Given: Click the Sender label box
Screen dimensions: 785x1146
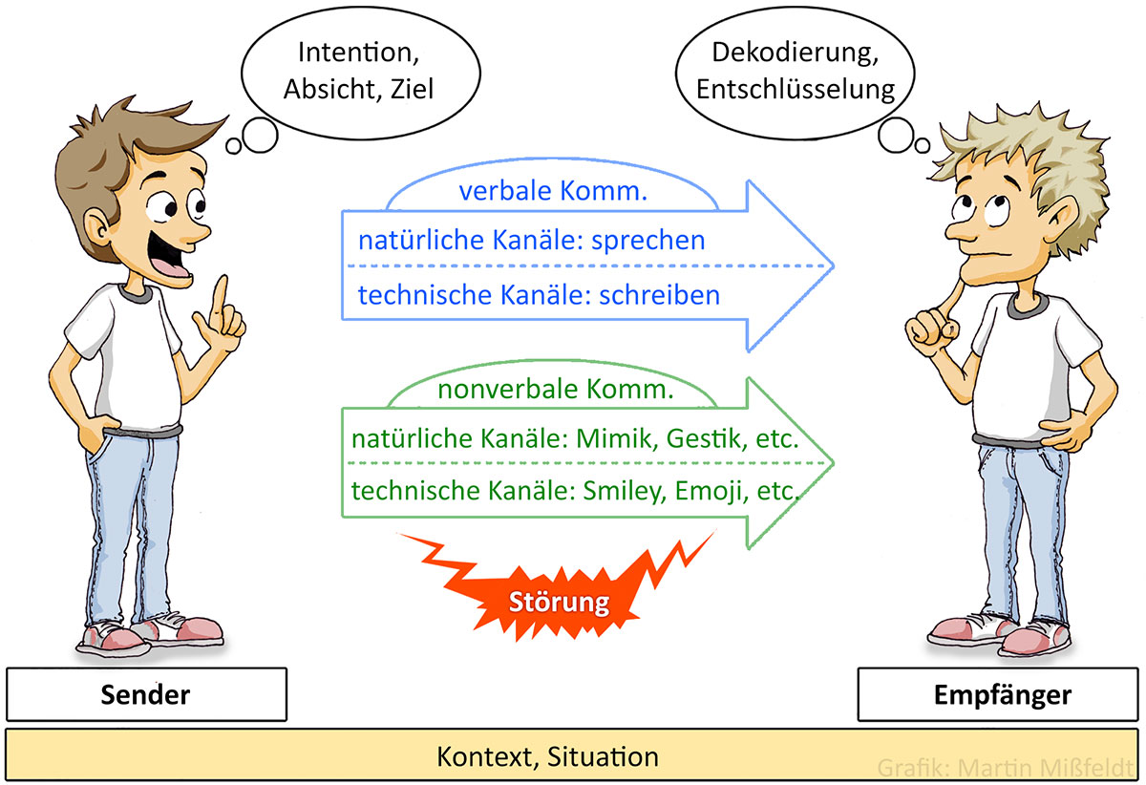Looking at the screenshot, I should click(145, 694).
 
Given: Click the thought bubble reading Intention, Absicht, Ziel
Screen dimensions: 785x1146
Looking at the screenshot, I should click(358, 70).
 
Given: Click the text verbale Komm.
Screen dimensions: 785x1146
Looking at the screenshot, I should click(553, 191).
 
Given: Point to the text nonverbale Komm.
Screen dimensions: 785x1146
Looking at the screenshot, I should click(555, 390).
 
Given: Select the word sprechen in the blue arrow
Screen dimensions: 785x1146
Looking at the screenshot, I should click(648, 239).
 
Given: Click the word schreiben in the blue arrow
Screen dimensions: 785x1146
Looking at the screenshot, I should click(659, 295).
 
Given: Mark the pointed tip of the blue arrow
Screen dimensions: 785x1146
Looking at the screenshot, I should click(833, 265).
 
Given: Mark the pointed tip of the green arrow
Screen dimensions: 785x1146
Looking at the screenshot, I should click(833, 463).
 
